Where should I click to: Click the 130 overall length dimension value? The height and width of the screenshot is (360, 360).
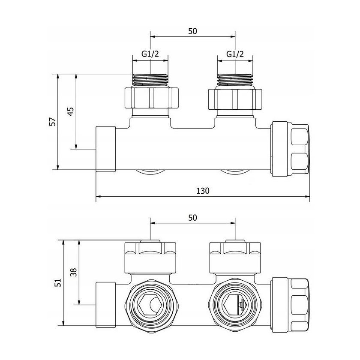pos(203,191)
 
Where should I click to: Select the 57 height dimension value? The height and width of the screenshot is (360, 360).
pos(53,122)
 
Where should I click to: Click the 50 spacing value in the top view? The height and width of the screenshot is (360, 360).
pos(192,31)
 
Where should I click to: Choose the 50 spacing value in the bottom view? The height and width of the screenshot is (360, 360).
pos(192,218)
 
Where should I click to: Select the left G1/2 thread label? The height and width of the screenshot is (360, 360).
pos(150,54)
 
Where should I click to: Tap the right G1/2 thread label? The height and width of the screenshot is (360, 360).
pos(235,54)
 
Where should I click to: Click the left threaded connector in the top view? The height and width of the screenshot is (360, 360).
pos(150,79)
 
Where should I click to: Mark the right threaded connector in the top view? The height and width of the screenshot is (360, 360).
pos(235,79)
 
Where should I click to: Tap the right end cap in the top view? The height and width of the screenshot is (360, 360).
pos(291,149)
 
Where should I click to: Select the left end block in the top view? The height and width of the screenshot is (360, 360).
pos(105,149)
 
